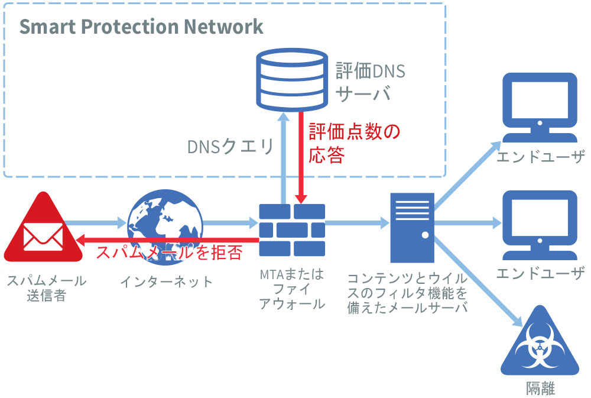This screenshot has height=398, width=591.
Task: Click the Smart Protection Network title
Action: pyautogui.click(x=141, y=27)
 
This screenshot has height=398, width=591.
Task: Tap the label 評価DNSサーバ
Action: pyautogui.click(x=371, y=83)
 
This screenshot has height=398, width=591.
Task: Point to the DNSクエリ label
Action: pyautogui.click(x=230, y=147)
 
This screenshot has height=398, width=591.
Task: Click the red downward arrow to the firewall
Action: pyautogui.click(x=302, y=160)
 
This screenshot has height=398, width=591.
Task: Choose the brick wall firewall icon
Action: pyautogui.click(x=292, y=228)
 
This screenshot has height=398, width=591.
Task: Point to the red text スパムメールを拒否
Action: pyautogui.click(x=169, y=253)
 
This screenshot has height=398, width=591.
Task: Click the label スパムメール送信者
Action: pyautogui.click(x=46, y=288)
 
